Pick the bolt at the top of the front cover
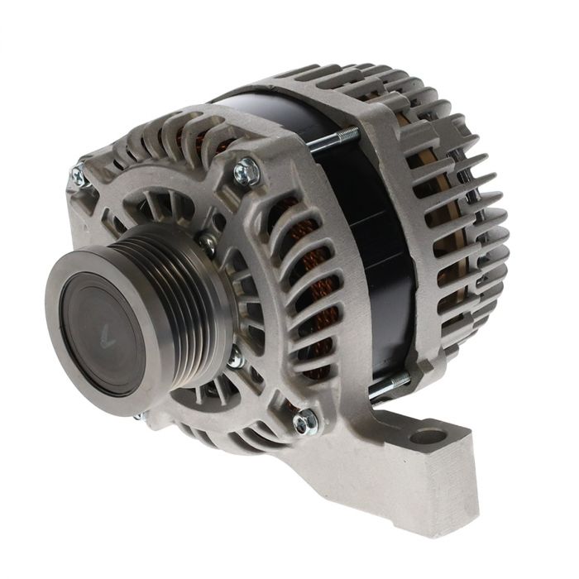[245, 173]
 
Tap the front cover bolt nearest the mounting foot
[304, 421]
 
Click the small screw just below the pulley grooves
[235, 359]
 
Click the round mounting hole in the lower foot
[429, 435]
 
